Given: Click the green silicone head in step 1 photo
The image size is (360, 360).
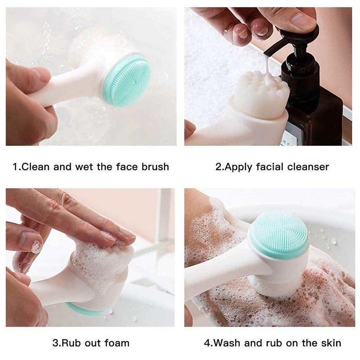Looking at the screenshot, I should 127,80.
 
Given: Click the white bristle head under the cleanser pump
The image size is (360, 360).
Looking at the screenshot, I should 261,95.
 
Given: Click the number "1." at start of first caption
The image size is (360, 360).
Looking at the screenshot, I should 17,167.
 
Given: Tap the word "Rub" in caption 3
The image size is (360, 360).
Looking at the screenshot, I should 71,343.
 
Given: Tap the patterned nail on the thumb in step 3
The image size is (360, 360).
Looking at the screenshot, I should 36,247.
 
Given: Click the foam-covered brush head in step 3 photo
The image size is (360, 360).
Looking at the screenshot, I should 101,263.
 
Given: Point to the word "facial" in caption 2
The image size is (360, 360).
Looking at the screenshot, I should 270,167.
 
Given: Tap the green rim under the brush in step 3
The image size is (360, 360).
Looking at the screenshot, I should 85,310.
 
